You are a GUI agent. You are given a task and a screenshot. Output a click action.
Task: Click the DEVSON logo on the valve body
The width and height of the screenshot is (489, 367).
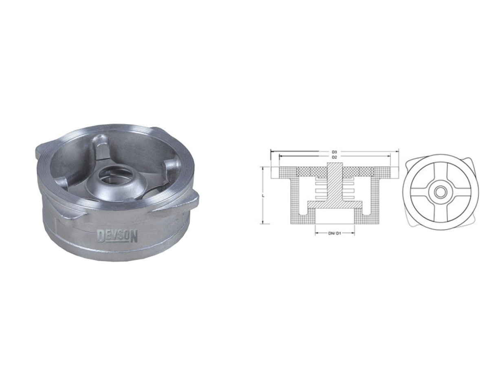(117, 236)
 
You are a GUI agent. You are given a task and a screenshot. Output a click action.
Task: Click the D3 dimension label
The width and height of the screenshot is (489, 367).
(334, 152)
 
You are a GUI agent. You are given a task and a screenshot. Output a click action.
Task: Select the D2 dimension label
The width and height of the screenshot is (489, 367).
(334, 157)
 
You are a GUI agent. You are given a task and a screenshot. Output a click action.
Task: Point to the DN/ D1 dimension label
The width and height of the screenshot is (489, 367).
(334, 234)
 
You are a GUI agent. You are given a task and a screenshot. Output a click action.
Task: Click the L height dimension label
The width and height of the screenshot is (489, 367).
(264, 196)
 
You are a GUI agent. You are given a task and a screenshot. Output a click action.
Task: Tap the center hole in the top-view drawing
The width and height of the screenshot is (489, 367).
(439, 192)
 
